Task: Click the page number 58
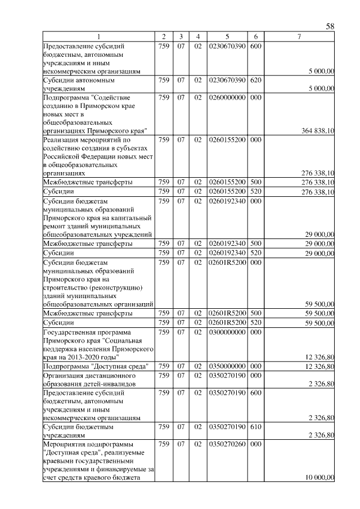330,26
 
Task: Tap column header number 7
299,37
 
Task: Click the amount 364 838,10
318,130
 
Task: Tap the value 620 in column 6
256,80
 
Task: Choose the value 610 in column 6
256,427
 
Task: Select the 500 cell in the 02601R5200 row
256,313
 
